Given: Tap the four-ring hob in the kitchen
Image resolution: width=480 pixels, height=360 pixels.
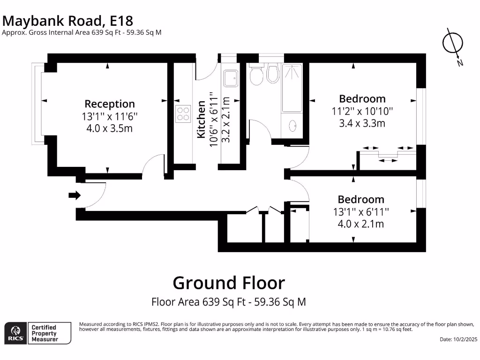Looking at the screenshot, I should click(183, 113).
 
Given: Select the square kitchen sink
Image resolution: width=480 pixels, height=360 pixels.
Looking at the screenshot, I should click(231, 78).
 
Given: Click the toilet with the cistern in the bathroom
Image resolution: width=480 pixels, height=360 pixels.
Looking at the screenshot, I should click(256, 75).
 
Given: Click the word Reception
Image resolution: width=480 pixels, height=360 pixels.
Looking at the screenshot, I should click(110, 104).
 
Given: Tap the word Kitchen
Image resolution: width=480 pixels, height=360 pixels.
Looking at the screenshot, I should click(201, 119).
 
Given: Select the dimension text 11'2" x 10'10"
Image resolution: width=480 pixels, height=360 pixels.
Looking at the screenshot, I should click(362, 111).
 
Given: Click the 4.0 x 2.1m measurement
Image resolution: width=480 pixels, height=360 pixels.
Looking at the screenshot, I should click(360, 224).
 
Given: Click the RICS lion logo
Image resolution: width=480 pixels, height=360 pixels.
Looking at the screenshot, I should click(15, 333).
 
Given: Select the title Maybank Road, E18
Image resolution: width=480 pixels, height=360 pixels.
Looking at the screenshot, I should click(68, 21).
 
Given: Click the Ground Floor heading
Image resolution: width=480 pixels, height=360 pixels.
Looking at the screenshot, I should click(229, 283).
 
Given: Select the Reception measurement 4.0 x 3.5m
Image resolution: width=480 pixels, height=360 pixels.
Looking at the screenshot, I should click(110, 128).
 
